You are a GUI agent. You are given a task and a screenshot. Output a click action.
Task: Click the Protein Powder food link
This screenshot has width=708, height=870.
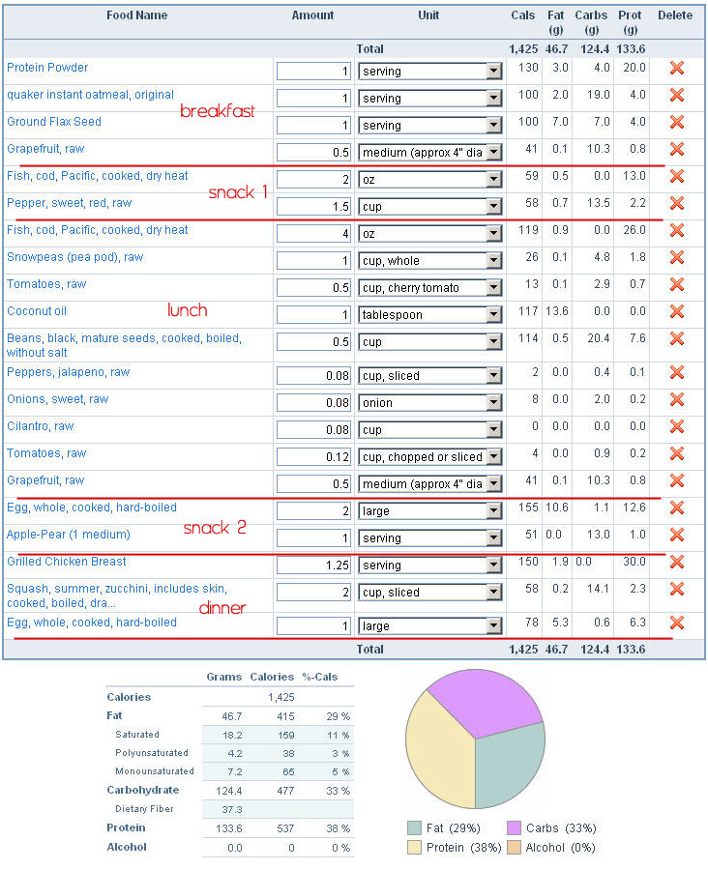[x=47, y=68]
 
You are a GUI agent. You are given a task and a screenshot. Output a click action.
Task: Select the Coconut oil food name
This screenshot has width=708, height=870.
[x=37, y=311]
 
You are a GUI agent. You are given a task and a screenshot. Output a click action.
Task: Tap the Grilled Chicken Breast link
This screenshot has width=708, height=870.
[x=67, y=562]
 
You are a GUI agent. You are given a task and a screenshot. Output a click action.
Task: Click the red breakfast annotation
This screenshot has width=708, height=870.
[x=217, y=111]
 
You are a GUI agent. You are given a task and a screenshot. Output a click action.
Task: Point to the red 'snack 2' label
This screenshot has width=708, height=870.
[x=215, y=527]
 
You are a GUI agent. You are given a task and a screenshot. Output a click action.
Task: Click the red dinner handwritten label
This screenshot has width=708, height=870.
[x=222, y=608]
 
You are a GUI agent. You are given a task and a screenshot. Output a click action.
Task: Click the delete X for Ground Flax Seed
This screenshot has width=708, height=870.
[x=676, y=122]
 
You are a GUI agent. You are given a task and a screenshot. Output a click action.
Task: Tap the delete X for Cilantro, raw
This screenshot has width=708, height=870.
[x=676, y=426]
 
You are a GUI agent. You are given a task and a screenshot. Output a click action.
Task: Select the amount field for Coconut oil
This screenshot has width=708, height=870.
[x=313, y=315]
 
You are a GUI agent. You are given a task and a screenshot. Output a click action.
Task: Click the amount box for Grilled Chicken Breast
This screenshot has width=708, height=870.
[x=313, y=565]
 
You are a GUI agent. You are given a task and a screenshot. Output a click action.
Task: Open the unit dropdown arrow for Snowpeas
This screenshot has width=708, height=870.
[x=493, y=261]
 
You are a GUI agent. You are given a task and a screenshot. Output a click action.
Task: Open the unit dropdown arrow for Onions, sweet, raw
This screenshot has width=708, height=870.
[x=493, y=403]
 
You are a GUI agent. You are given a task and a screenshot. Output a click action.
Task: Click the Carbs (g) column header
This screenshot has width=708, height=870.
[x=591, y=22]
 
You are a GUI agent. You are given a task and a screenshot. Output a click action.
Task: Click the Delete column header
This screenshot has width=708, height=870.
[x=675, y=15]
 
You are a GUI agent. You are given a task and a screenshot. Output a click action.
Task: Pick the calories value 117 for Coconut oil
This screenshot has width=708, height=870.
[x=528, y=311]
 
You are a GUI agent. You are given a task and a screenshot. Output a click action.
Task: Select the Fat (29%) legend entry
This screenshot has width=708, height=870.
[x=444, y=828]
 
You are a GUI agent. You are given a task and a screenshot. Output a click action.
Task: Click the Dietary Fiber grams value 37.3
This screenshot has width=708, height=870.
[x=232, y=809]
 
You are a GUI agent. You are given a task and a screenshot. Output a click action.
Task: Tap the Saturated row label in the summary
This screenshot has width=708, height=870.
[x=137, y=735]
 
